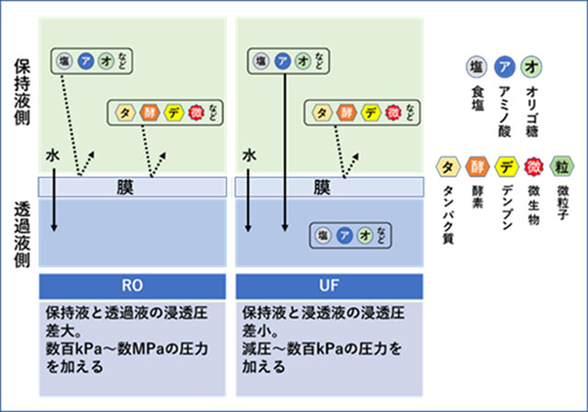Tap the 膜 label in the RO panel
click(135, 187)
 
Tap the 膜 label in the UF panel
click(322, 187)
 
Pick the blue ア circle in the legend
click(503, 68)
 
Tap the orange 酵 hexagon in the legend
click(476, 167)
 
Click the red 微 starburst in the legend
click(534, 167)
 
